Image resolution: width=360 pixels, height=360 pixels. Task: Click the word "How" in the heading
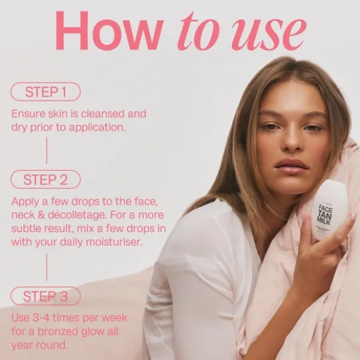pyautogui.click(x=109, y=30)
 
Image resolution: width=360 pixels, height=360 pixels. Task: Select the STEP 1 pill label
pyautogui.click(x=45, y=91)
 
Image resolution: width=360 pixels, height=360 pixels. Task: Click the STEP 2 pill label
pyautogui.click(x=45, y=179)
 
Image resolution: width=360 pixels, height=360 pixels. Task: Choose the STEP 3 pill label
pyautogui.click(x=45, y=296)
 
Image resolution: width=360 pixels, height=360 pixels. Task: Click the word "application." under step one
pyautogui.click(x=97, y=128)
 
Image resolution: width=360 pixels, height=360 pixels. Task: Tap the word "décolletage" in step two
pyautogui.click(x=77, y=215)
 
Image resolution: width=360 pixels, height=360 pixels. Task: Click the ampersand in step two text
pyautogui.click(x=41, y=215)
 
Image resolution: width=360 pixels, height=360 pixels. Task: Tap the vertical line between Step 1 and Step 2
pyautogui.click(x=47, y=151)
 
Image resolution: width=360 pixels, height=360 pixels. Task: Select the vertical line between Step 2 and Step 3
pyautogui.click(x=47, y=267)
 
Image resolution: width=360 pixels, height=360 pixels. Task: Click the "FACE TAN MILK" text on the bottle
pyautogui.click(x=325, y=215)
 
